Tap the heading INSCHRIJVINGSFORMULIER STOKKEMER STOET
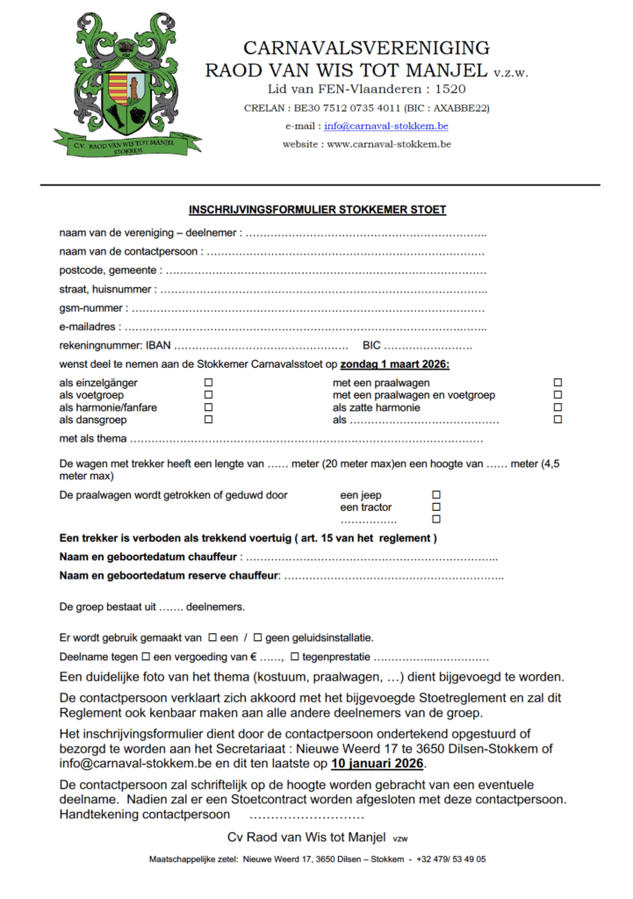(x=317, y=210)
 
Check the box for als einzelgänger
(x=208, y=383)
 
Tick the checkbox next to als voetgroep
(x=208, y=395)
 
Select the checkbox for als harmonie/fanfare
(x=208, y=407)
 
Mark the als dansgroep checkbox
(x=208, y=420)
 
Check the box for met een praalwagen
(x=557, y=383)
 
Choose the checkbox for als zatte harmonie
(x=557, y=407)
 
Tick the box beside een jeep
(x=436, y=495)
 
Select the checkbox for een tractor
(x=436, y=507)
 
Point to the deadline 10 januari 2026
(x=377, y=764)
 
